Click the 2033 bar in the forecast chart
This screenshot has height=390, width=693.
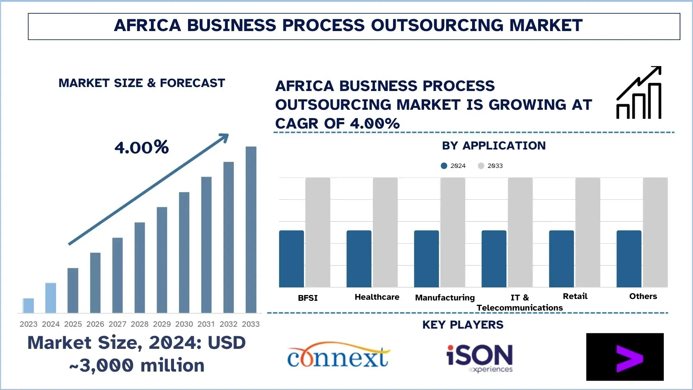(251, 229)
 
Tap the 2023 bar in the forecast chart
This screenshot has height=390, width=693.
(29, 305)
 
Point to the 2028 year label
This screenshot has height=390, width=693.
(139, 324)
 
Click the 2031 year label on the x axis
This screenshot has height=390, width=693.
(206, 324)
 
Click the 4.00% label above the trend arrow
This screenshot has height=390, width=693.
(141, 147)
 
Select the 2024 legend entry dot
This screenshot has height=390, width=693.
(444, 166)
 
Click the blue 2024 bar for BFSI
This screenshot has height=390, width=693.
(291, 259)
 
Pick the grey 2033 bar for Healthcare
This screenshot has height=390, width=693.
(385, 232)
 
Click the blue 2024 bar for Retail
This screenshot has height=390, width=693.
(561, 259)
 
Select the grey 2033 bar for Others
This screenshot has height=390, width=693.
(655, 232)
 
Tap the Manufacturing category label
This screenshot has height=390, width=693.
(445, 298)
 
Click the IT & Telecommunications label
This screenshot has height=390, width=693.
(519, 303)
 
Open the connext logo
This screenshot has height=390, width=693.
(338, 356)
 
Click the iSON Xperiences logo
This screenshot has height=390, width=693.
(479, 357)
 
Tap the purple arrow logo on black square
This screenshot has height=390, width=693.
(625, 357)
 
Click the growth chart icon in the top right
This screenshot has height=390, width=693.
(639, 93)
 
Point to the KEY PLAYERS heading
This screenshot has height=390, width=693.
(463, 325)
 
